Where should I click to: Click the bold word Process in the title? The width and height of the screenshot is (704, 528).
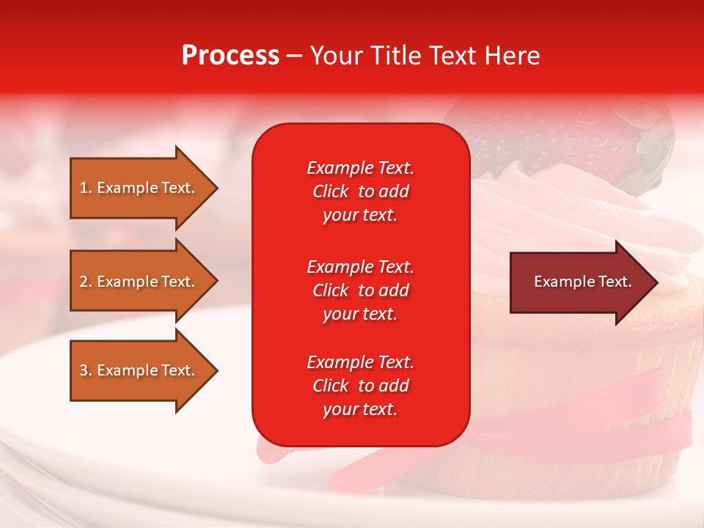(230, 56)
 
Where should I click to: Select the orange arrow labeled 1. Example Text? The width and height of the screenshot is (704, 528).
(139, 188)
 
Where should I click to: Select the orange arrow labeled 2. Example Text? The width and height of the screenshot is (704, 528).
(139, 282)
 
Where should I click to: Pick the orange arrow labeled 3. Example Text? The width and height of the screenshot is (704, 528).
(139, 370)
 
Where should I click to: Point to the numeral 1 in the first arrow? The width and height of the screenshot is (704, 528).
(84, 188)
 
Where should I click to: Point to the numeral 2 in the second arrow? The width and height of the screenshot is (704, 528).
(84, 282)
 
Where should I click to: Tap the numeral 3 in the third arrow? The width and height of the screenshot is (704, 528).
(84, 370)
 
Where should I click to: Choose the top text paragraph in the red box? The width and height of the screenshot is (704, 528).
(360, 191)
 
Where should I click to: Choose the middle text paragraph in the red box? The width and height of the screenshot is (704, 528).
(360, 290)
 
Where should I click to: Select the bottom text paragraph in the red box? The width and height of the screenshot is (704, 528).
(360, 386)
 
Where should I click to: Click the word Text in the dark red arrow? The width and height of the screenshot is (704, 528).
(615, 282)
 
